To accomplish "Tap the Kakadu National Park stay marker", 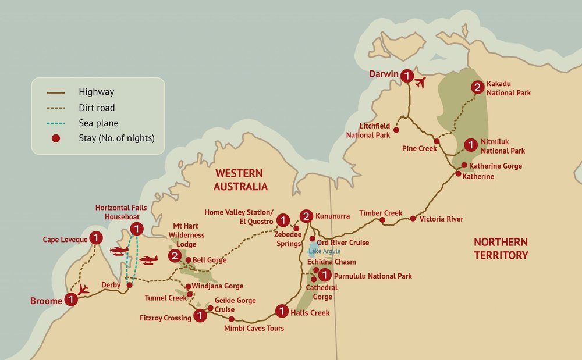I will (477, 88).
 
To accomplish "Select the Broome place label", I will (46, 301).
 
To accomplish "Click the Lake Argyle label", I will (324, 251).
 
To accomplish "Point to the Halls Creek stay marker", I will (282, 312).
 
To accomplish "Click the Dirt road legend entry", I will (96, 108).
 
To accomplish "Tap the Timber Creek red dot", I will (382, 220).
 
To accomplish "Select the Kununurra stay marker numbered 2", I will (306, 216).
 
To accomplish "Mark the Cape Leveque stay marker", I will (97, 238).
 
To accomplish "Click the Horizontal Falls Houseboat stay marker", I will (136, 228).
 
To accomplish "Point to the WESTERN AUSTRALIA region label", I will (240, 180).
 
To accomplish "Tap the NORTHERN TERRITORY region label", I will (501, 248).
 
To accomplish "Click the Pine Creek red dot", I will (436, 141).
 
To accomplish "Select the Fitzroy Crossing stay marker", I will (200, 316).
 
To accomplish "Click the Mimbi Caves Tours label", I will (254, 329).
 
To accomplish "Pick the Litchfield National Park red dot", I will (396, 130).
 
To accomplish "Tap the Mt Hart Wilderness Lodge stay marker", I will (173, 256).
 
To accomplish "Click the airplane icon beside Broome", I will (83, 288).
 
